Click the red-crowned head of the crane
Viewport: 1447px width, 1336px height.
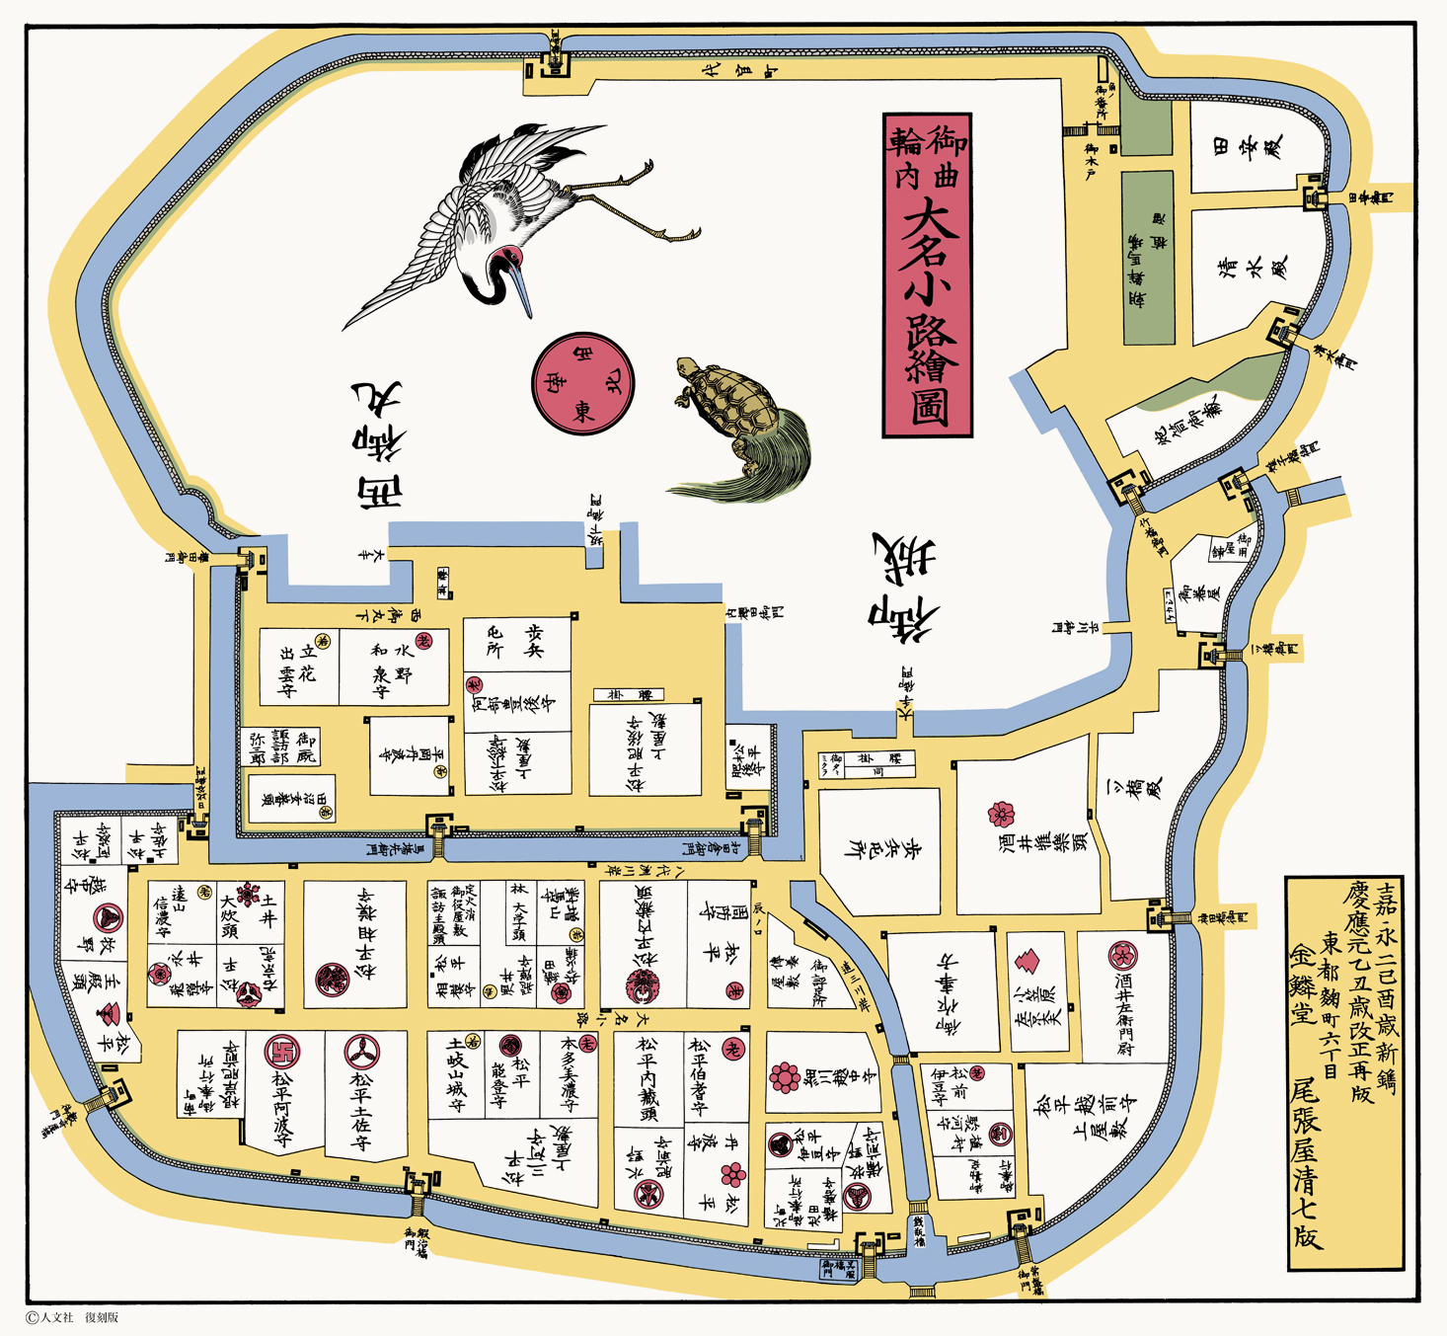(509, 260)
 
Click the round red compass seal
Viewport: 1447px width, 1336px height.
(583, 383)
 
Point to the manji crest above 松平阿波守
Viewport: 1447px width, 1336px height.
(283, 1053)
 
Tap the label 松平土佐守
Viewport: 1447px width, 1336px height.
(361, 1111)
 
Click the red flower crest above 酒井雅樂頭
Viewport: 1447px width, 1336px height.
(1001, 815)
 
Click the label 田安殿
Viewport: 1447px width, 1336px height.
(1250, 148)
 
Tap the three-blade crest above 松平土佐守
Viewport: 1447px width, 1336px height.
(362, 1053)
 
